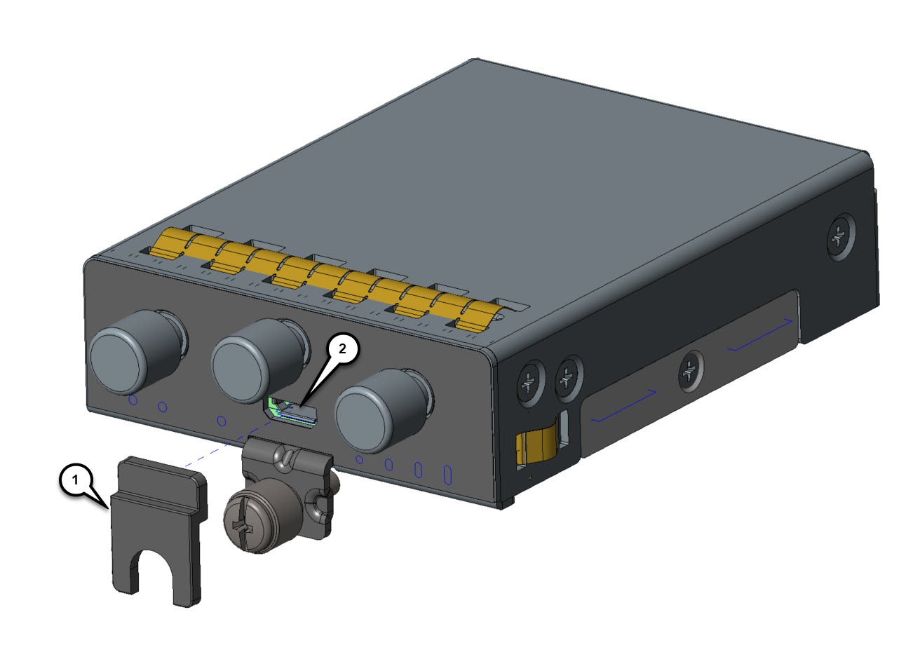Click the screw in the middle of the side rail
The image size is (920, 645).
pos(690,369)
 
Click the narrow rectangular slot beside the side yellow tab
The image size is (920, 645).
pos(563,431)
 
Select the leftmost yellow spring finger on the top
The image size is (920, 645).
pos(172,241)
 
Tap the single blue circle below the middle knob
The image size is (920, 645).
pos(222,421)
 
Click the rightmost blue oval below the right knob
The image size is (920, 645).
pos(446,475)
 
